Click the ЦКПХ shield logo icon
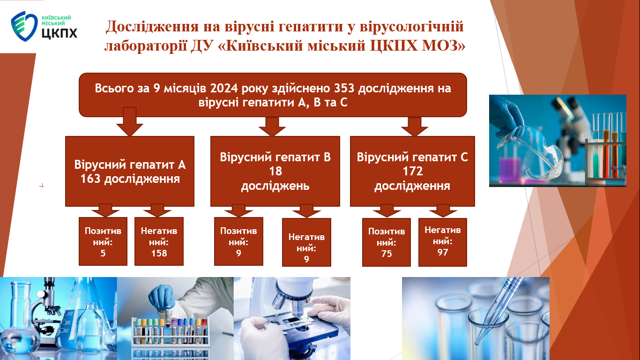pyautogui.click(x=24, y=26)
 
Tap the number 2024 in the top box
pyautogui.click(x=224, y=88)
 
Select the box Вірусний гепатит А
pyautogui.click(x=130, y=171)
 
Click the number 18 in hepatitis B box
pyautogui.click(x=275, y=171)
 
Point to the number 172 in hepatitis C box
pyautogui.click(x=413, y=171)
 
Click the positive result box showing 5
pyautogui.click(x=103, y=241)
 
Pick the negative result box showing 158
pyautogui.click(x=159, y=241)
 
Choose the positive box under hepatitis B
pyautogui.click(x=238, y=241)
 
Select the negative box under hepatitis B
pyautogui.click(x=306, y=242)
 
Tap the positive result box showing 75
pyautogui.click(x=386, y=242)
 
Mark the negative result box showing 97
pyautogui.click(x=443, y=242)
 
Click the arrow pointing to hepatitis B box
pyautogui.click(x=272, y=127)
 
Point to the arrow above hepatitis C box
pyautogui.click(x=415, y=127)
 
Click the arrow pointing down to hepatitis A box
pyautogui.click(x=130, y=122)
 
